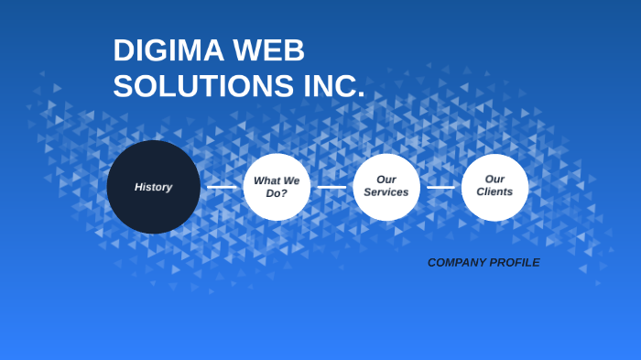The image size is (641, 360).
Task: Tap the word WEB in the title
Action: [x=270, y=50]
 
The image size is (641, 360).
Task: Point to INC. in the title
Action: [x=333, y=86]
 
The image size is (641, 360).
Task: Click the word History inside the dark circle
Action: [x=154, y=187]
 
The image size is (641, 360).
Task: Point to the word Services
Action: [x=386, y=192]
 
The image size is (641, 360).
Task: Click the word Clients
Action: [x=494, y=191]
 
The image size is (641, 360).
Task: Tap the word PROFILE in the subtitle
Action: [x=515, y=263]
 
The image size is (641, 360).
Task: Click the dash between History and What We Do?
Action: [x=222, y=187]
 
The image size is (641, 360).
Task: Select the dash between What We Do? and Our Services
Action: [x=331, y=187]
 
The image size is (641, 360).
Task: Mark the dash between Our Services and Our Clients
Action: [x=440, y=187]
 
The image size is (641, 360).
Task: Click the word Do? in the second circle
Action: [x=277, y=193]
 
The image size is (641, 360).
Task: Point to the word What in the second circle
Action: [x=266, y=180]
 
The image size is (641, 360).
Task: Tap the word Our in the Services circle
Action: [x=386, y=180]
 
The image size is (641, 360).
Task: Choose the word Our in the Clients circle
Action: [x=494, y=179]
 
